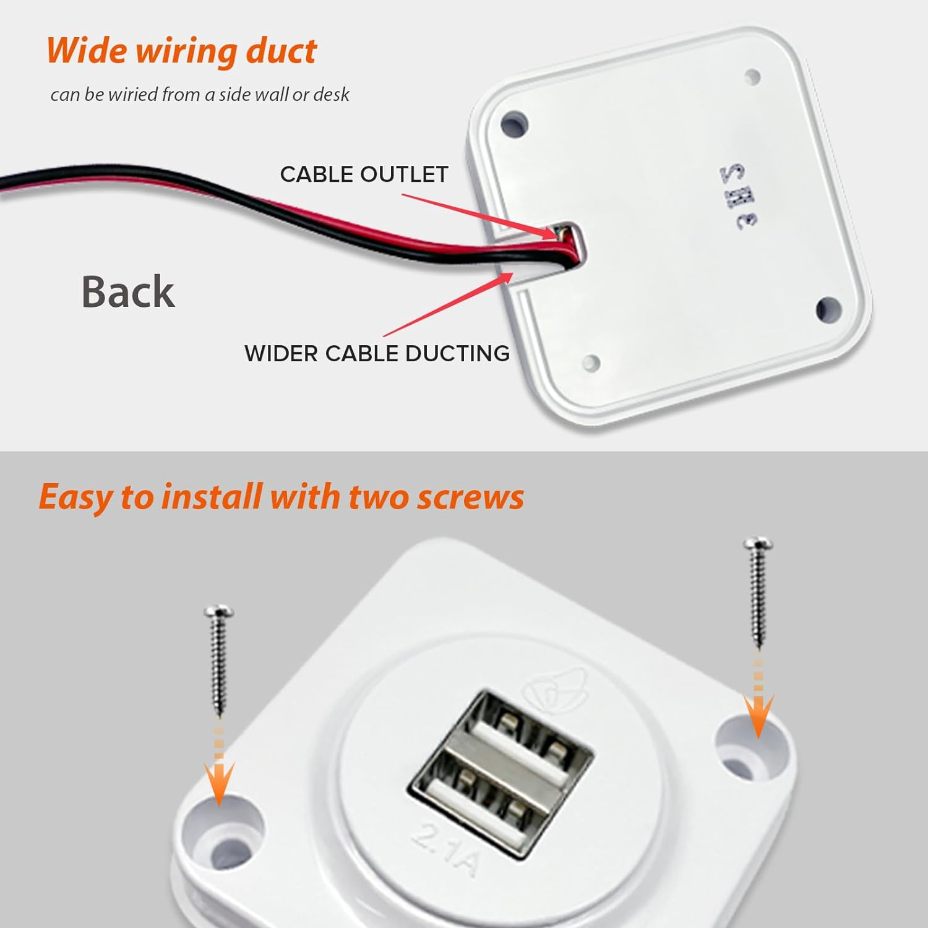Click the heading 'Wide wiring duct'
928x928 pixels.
click(x=181, y=51)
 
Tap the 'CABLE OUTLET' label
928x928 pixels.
click(x=364, y=174)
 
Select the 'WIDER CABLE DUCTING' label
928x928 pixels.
click(x=377, y=353)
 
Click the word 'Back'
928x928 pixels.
click(x=128, y=291)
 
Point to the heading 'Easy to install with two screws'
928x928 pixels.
click(x=281, y=497)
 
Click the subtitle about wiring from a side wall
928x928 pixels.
click(x=200, y=95)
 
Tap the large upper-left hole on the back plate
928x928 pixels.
click(x=514, y=124)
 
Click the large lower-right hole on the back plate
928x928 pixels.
click(x=828, y=309)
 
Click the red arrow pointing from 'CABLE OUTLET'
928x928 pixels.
click(x=479, y=215)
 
